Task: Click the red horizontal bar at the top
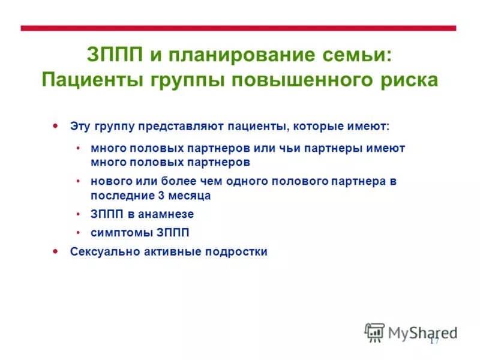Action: tap(238, 28)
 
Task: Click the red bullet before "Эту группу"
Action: tap(56, 126)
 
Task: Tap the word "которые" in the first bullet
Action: tap(316, 127)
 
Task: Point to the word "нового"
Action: tap(108, 181)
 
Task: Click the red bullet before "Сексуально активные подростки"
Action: tap(56, 251)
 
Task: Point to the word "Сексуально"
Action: tap(104, 252)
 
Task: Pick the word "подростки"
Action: tap(238, 252)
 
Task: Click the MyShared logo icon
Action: tap(374, 332)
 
